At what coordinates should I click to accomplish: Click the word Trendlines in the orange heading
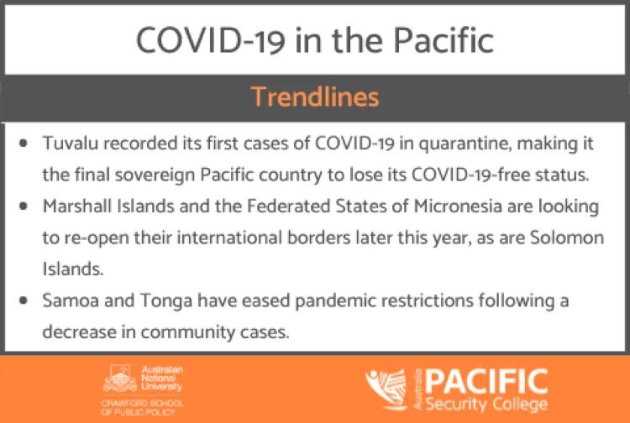click(x=315, y=97)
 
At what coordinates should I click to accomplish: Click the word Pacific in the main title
click(x=444, y=40)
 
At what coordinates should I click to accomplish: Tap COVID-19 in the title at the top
click(x=211, y=41)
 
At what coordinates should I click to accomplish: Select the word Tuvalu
click(x=71, y=144)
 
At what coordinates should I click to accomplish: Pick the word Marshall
click(x=76, y=206)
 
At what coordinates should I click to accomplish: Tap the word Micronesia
click(x=458, y=206)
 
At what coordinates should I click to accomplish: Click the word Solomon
click(x=567, y=238)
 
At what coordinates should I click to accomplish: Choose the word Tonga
click(x=166, y=301)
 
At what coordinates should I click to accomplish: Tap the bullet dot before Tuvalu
click(x=24, y=144)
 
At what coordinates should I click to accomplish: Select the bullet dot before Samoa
click(x=24, y=300)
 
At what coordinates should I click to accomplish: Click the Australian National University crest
click(x=120, y=379)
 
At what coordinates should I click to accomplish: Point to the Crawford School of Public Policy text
click(x=142, y=407)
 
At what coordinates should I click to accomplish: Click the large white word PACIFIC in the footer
click(x=486, y=381)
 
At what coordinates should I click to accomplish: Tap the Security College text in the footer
click(x=486, y=405)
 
